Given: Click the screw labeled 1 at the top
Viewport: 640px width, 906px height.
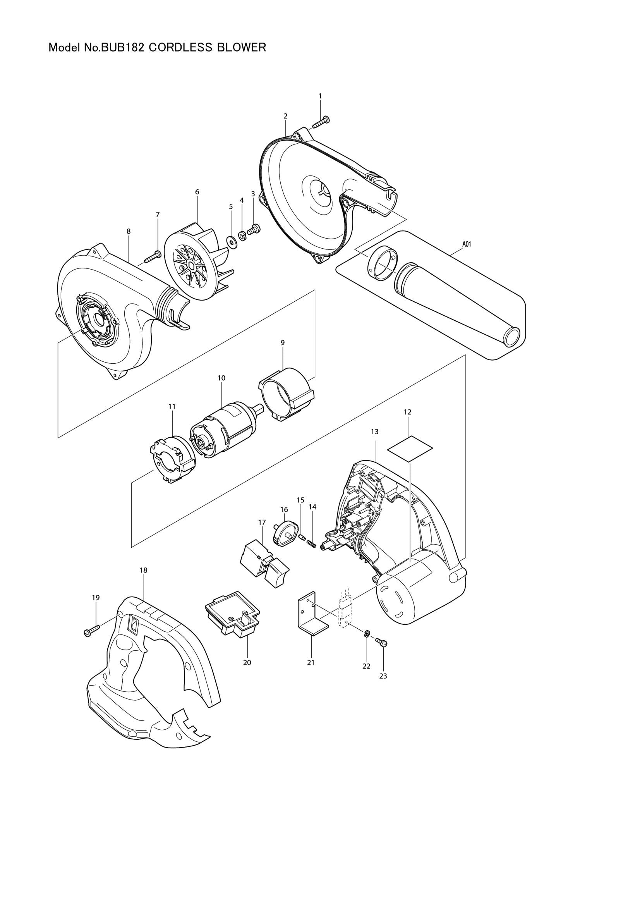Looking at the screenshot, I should click(321, 122).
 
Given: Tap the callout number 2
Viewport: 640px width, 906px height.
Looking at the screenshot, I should click(285, 116).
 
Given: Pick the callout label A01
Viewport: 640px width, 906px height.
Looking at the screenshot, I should click(467, 244).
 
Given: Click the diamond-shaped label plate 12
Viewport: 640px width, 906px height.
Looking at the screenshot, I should click(410, 449).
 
